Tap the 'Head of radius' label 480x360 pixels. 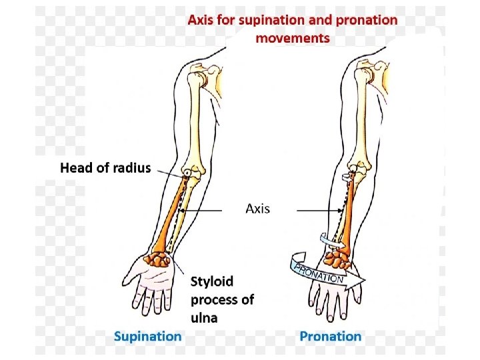click(105, 168)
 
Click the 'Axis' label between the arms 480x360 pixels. click(258, 209)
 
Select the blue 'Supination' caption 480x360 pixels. click(147, 336)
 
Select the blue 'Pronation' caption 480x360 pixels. click(330, 336)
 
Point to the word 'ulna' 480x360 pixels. click(205, 317)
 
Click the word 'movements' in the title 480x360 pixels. click(293, 37)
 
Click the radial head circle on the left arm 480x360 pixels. click(189, 173)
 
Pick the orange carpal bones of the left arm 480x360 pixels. click(158, 260)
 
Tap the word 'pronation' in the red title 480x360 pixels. click(367, 19)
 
